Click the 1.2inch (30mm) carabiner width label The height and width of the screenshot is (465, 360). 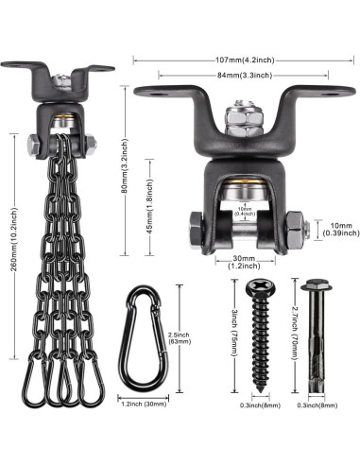click(x=146, y=404)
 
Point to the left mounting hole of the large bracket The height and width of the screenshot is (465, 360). click(x=153, y=92)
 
